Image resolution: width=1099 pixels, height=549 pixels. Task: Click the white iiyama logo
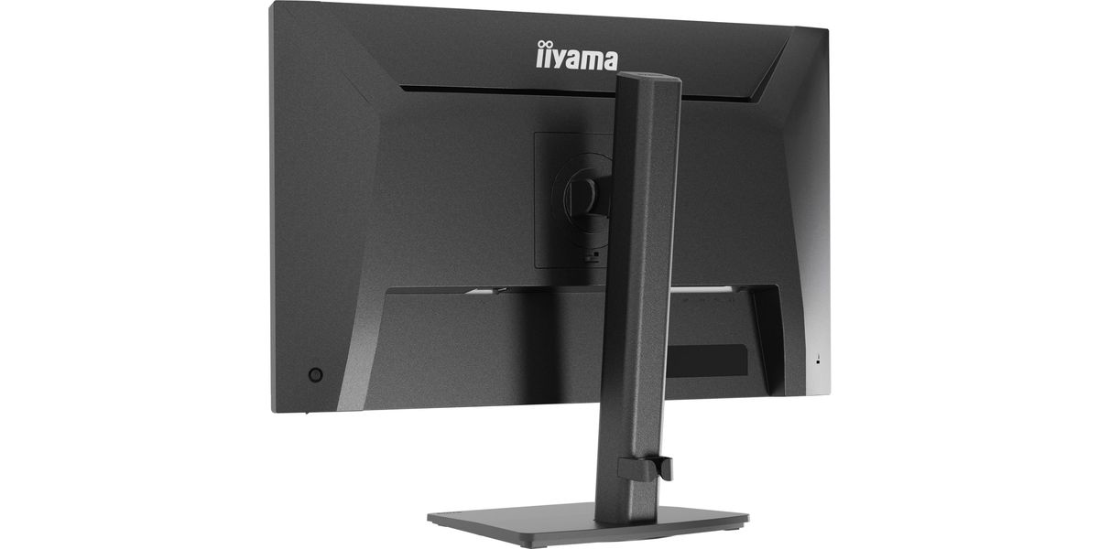(576, 57)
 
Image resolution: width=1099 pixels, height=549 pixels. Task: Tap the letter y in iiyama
(559, 59)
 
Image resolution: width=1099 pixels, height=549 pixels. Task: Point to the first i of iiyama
(539, 54)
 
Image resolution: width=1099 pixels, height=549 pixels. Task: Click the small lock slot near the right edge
(817, 360)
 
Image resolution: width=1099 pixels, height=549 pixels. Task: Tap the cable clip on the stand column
(646, 468)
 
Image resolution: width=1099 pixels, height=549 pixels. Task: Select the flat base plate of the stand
(588, 523)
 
